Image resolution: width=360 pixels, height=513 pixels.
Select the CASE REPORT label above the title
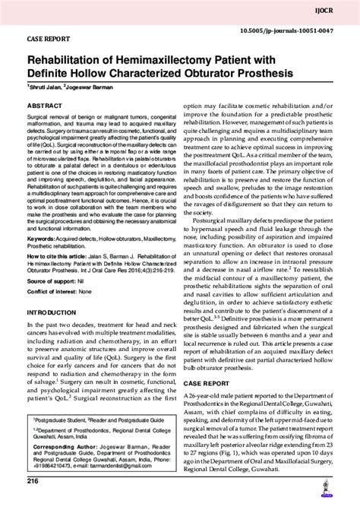49,36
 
